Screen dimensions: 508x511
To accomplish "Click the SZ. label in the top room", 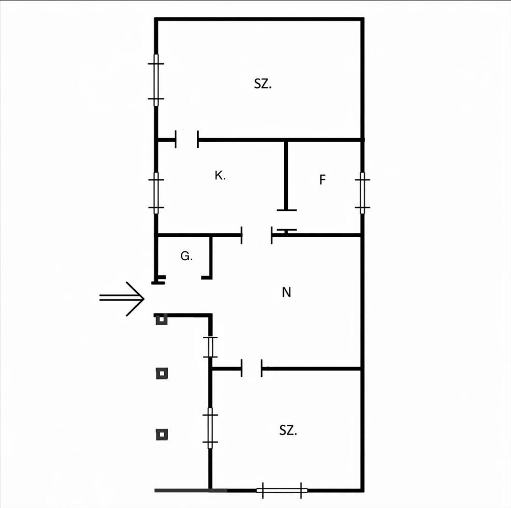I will point(263,84).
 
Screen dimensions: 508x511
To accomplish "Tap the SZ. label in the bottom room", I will point(288,431).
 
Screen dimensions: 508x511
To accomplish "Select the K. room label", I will point(220,176).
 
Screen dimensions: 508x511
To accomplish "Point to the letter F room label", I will point(322,180).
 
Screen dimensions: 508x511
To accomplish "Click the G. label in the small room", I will point(187,257).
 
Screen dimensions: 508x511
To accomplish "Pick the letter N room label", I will point(286,293).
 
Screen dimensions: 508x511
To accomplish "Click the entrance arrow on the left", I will point(122,298).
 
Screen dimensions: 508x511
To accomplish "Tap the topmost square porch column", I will point(162,320).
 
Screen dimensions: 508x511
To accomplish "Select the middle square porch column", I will point(162,374).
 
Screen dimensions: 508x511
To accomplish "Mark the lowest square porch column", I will point(162,434).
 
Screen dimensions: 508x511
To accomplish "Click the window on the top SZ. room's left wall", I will point(156,80).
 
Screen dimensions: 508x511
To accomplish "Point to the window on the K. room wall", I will point(156,193).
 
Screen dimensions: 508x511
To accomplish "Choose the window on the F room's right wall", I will point(362,193).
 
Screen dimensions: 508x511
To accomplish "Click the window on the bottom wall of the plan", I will point(282,490).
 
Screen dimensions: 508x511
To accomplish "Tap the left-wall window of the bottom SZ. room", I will point(209,428).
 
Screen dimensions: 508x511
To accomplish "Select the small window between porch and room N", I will point(210,347).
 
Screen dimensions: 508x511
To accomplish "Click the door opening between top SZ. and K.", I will point(187,139).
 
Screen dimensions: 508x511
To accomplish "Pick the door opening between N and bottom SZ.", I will point(252,368).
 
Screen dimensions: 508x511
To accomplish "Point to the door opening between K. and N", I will point(257,235).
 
